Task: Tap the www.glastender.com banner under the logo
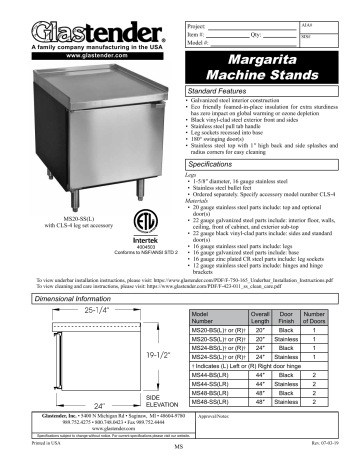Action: (68, 54)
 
